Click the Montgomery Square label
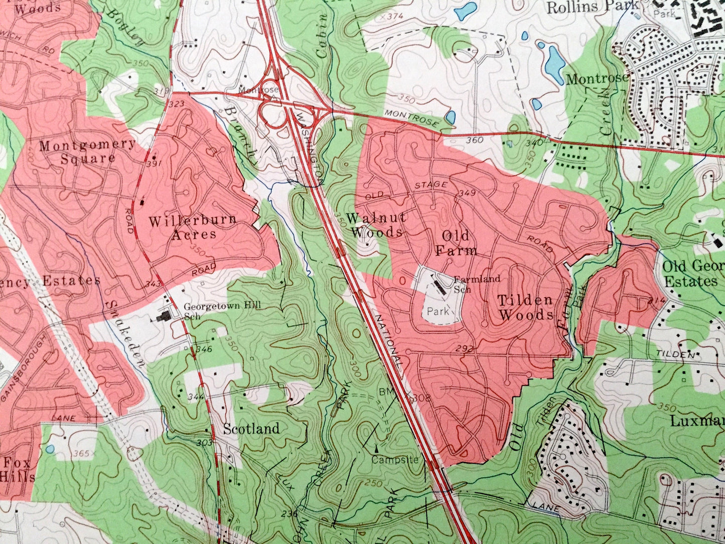pos(87,152)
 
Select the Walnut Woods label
pos(376,225)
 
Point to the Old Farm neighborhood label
pos(456,243)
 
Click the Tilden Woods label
pos(526,308)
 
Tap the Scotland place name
pos(251,429)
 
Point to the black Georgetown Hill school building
pos(164,316)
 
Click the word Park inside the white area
pos(438,311)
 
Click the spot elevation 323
pos(177,104)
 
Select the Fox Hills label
pos(17,469)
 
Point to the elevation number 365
pos(80,454)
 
